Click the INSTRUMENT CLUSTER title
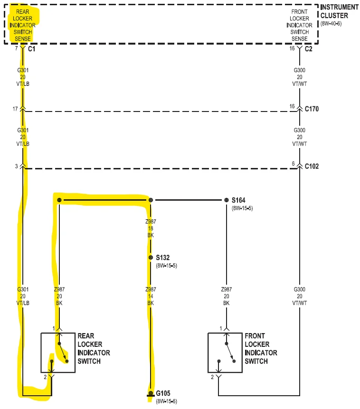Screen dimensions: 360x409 pos(340,11)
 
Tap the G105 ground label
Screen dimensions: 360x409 pos(163,393)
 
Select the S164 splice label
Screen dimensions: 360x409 pos(238,200)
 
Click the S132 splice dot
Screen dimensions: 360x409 pos(151,258)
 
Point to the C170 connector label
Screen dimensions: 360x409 pos(312,109)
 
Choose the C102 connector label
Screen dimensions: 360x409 pos(312,166)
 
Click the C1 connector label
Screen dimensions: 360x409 pos(32,49)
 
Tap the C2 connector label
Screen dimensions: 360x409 pos(308,49)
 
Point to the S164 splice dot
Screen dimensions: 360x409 pos(227,200)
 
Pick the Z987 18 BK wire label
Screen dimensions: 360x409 pos(151,228)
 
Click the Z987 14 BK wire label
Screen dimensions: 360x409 pos(151,296)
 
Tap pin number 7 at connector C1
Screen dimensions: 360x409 pos(17,48)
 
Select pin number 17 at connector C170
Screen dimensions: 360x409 pos(15,109)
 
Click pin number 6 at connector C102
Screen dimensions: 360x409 pos(293,164)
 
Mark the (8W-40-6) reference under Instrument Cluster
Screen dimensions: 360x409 pos(331,23)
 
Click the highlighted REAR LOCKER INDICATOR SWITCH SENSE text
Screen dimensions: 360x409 pos(23,25)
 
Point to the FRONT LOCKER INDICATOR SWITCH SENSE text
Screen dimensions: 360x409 pos(299,25)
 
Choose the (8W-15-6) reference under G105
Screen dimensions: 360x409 pos(166,401)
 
